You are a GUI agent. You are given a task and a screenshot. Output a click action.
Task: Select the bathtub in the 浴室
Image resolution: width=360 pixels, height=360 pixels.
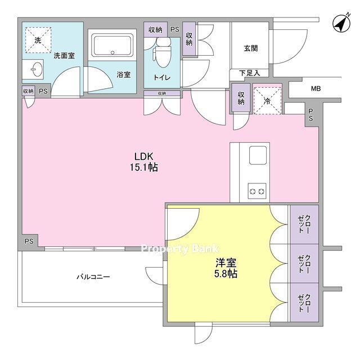coord(112,45)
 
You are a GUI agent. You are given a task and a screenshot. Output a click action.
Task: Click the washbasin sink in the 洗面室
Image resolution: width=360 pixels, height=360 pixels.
coord(36,69)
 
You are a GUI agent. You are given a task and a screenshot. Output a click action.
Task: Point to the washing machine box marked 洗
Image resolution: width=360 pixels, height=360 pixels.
coord(38,40)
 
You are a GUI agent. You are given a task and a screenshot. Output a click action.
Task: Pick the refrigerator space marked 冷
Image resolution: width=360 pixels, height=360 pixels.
coord(268,101)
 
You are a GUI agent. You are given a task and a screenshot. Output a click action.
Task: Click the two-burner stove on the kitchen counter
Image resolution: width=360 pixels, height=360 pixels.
coord(257,191)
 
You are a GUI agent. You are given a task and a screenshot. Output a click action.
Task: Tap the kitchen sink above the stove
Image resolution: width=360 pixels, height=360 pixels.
coord(258,155)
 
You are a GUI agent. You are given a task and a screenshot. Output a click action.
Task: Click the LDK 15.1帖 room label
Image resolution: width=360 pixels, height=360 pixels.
coord(144,162)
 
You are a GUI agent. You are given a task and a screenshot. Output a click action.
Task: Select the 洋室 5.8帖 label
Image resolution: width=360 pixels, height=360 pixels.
coord(226,268)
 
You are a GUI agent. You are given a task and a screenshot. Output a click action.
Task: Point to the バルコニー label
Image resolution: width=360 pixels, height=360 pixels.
coord(93,277)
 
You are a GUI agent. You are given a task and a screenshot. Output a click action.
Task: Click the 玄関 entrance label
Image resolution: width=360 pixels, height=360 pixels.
coord(250,48)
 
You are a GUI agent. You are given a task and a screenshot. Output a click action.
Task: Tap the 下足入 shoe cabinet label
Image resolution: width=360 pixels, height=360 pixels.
coord(250,73)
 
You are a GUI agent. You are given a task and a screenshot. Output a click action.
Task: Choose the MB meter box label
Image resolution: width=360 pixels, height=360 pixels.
coord(316,88)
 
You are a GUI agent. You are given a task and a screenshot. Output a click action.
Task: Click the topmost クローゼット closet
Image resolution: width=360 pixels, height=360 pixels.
coord(304,224)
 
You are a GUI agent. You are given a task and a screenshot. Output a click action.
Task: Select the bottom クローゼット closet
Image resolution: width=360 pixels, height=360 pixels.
coord(304,303)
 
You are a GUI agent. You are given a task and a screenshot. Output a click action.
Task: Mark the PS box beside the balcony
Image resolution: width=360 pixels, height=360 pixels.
coord(29,241)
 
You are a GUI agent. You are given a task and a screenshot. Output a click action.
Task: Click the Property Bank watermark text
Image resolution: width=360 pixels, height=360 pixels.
coord(179,249)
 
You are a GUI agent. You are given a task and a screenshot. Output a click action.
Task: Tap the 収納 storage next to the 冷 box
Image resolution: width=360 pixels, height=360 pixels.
coord(241,98)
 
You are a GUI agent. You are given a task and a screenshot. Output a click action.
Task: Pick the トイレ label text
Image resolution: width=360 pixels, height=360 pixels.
coord(162,78)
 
